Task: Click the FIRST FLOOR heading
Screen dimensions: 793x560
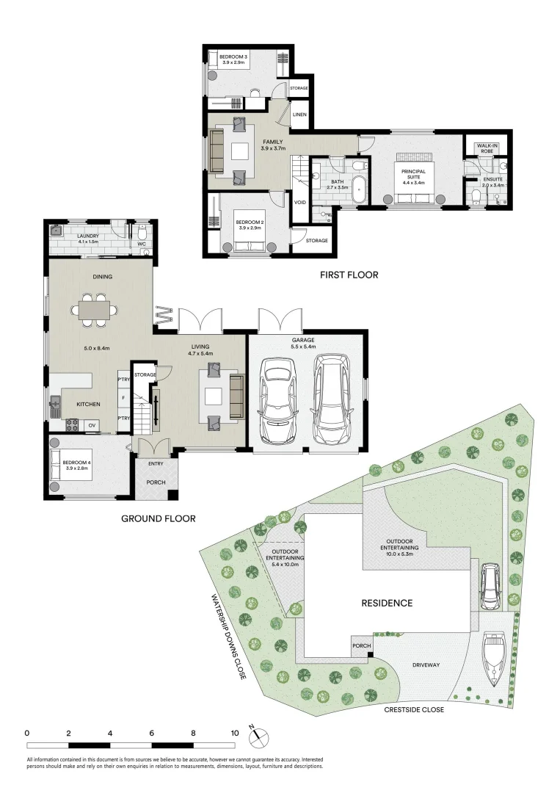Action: (x=349, y=275)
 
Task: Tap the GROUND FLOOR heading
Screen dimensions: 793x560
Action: (x=158, y=518)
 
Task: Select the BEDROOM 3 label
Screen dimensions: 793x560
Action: (x=228, y=58)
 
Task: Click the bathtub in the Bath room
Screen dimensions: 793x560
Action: (x=359, y=189)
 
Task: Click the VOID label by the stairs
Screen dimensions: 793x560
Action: (x=299, y=203)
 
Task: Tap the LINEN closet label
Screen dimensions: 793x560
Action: (x=299, y=115)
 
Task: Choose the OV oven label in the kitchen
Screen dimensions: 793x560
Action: (x=92, y=424)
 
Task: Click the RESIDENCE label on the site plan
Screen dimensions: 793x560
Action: (x=387, y=603)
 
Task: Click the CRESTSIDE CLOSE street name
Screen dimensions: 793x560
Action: (x=414, y=710)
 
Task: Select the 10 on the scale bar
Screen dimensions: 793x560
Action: (x=235, y=733)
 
